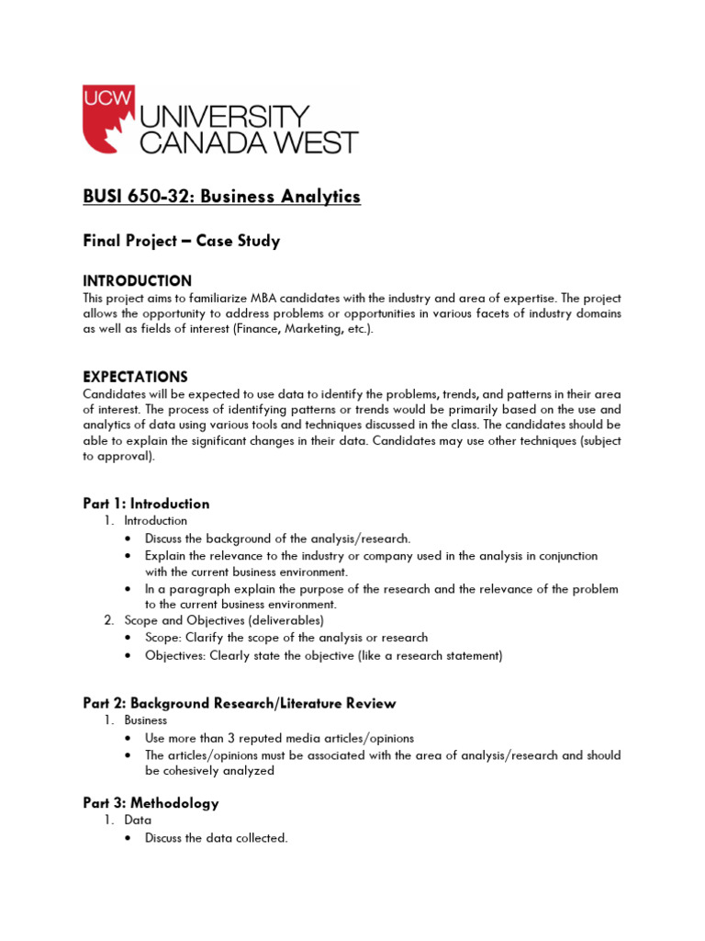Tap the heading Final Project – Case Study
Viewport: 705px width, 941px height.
tap(181, 242)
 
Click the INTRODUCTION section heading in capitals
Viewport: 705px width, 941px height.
tap(138, 281)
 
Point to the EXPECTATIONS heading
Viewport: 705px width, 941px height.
tap(135, 377)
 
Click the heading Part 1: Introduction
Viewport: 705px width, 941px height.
tap(146, 504)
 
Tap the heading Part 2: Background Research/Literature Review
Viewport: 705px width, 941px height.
tap(240, 704)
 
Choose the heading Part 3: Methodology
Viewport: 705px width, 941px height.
tap(151, 803)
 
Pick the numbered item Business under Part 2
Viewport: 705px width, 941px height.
tap(146, 720)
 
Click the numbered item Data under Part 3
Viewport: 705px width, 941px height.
tap(139, 820)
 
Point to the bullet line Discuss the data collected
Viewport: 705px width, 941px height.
tap(217, 837)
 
